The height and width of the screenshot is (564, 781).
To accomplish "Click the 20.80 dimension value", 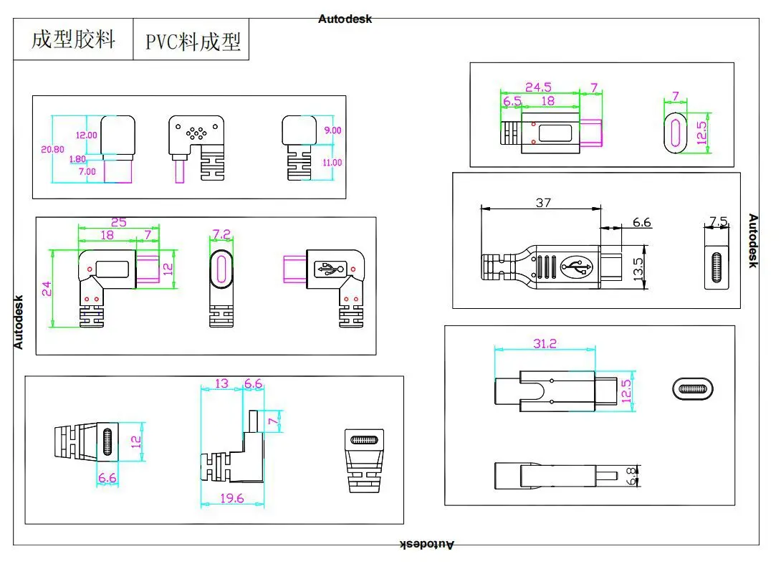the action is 52,149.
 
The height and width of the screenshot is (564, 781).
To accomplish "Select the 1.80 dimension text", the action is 77,159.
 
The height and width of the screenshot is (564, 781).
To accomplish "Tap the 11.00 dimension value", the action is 332,163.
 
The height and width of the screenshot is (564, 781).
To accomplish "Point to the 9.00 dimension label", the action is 332,130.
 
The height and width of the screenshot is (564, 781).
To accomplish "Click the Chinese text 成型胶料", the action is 74,39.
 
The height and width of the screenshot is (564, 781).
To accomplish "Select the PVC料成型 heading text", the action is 193,42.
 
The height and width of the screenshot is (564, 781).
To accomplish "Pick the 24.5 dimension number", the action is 538,87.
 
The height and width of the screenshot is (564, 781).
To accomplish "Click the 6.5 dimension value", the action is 512,101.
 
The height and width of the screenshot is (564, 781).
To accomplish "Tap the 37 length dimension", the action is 543,203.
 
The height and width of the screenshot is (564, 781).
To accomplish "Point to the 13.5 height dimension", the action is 638,269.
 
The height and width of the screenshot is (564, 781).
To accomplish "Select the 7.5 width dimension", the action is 718,221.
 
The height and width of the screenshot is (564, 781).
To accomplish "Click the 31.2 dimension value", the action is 545,344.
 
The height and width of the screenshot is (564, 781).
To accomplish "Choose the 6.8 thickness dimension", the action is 631,477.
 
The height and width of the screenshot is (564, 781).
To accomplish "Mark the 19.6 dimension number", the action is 232,498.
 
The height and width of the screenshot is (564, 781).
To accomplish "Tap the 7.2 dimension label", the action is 221,234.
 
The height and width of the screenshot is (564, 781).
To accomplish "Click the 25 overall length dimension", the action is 118,222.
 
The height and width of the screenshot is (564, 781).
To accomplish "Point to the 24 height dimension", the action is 47,289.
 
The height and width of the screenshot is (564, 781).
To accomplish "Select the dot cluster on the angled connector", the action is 196,132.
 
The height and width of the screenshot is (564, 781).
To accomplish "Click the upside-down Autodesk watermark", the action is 427,545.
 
